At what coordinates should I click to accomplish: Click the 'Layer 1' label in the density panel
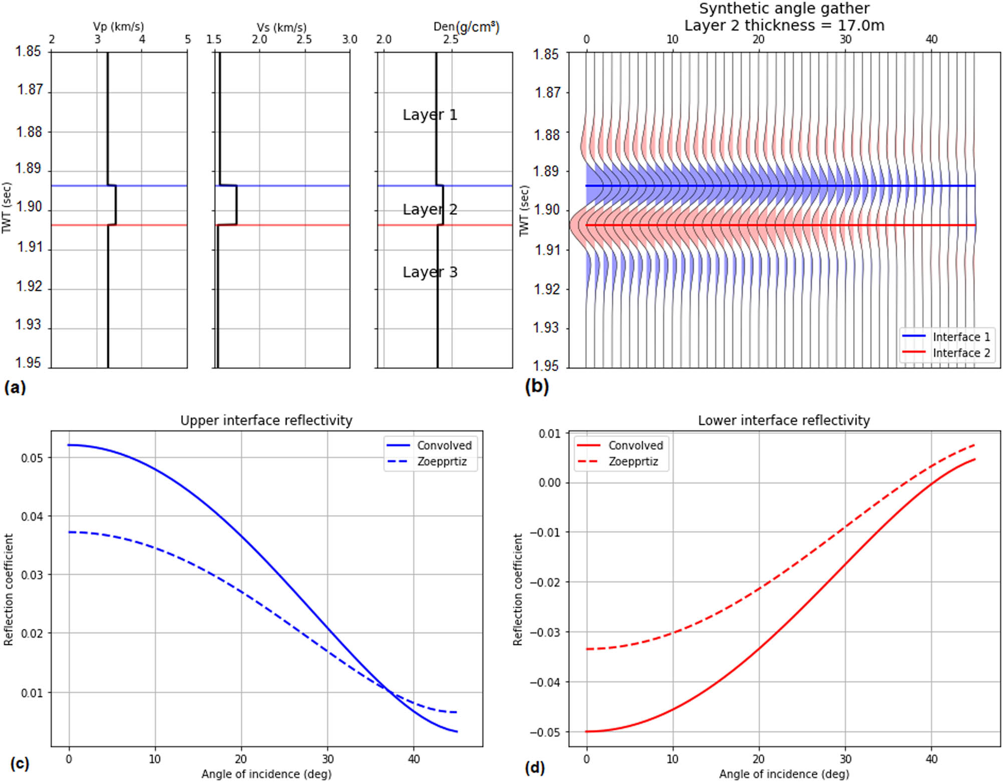tap(430, 115)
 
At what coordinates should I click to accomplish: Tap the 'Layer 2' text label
tap(430, 209)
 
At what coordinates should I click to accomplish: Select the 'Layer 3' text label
tap(430, 272)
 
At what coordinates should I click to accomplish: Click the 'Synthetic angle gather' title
tap(784, 9)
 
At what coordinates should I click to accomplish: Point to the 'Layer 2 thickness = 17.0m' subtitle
tap(784, 25)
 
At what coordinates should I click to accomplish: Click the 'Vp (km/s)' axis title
tap(118, 27)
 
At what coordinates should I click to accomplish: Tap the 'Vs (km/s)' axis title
tap(281, 27)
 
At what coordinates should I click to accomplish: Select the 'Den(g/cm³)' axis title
tap(466, 27)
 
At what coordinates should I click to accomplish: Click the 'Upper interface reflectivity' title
tap(266, 420)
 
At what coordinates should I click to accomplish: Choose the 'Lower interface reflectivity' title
tap(784, 420)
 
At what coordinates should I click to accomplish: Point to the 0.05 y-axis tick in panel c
tap(31, 458)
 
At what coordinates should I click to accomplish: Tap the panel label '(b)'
tap(536, 386)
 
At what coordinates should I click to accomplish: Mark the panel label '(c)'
tap(19, 763)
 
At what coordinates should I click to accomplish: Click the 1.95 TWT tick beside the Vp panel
tap(28, 363)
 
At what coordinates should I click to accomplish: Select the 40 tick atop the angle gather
tap(931, 39)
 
